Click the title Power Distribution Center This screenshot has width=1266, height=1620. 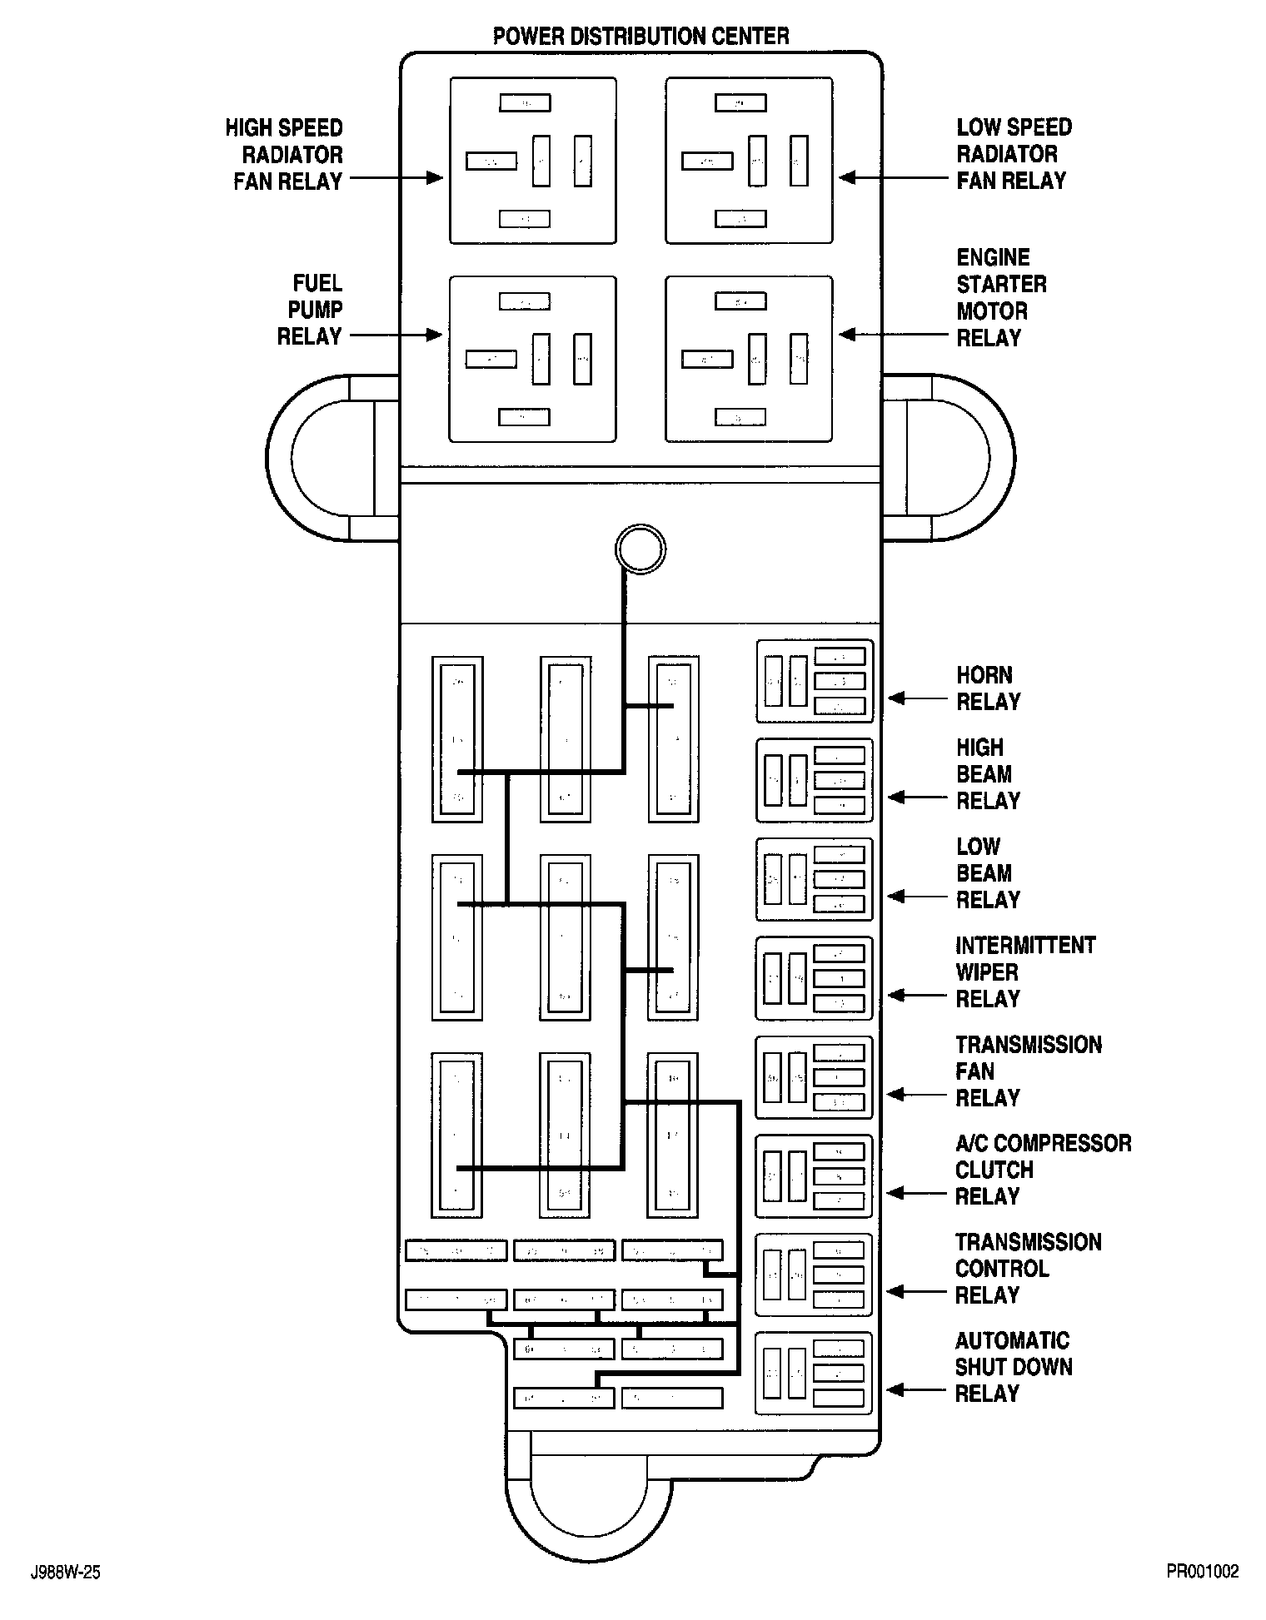640,37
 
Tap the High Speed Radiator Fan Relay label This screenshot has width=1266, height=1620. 285,155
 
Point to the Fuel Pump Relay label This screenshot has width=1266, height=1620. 311,310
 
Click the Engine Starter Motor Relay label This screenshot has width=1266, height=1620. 999,297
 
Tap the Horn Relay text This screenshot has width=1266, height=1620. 987,688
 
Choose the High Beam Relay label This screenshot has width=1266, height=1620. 987,774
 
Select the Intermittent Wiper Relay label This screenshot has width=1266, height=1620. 1024,972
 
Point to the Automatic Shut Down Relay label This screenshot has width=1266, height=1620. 1012,1367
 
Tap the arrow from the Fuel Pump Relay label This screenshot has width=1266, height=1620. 394,335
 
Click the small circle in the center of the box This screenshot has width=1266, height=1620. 640,549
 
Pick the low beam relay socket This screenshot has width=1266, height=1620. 814,879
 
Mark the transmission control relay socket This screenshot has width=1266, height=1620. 814,1275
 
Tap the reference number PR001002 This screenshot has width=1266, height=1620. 1202,1572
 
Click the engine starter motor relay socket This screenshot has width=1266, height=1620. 749,359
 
